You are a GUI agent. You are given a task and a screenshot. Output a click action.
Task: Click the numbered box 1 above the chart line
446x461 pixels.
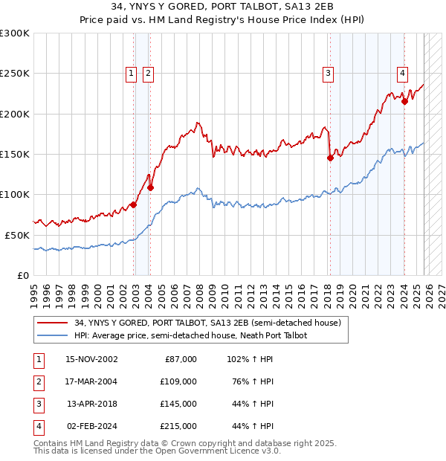pos(131,73)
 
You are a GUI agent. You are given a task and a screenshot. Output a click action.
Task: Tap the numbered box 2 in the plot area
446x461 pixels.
pos(149,73)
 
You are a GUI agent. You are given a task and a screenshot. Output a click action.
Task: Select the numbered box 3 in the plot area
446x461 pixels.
pos(328,73)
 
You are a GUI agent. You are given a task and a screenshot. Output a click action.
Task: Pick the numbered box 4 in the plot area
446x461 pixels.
pos(402,73)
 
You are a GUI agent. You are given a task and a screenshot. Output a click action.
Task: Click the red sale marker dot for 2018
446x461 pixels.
pos(330,158)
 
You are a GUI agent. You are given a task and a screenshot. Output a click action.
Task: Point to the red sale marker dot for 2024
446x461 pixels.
pos(404,102)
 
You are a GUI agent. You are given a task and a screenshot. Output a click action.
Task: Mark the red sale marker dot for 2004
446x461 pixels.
pos(150,187)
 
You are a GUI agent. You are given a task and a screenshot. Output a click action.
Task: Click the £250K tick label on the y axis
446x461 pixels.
pos(15,74)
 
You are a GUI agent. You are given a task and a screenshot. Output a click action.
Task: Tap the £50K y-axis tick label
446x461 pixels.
pos(17,234)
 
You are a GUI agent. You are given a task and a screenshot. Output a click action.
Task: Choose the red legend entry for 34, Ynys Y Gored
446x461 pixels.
pos(207,323)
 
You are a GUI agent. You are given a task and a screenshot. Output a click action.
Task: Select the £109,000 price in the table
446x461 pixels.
pos(178,381)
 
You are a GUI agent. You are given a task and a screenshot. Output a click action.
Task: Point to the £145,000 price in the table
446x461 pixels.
pos(178,404)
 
